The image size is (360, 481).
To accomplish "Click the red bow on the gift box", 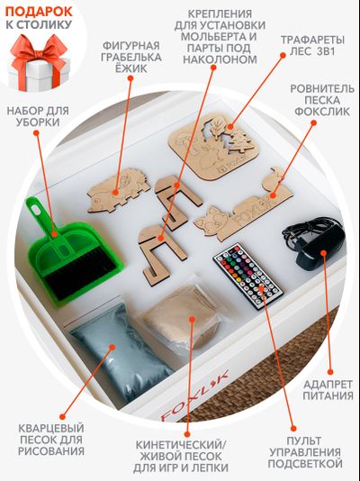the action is [39, 50].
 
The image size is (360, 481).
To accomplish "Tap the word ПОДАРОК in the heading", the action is [39, 12].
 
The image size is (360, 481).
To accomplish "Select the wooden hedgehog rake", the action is [118, 190].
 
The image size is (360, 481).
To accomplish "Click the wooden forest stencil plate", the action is [214, 146].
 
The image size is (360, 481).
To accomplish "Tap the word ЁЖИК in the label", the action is [131, 68].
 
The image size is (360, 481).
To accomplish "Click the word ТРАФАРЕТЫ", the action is [312, 40].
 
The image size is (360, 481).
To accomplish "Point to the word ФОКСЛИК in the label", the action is [322, 112].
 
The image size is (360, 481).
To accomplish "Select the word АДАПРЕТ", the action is [328, 384].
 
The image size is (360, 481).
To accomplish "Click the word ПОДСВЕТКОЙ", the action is [305, 464].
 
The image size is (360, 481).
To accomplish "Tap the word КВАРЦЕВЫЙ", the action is [51, 428].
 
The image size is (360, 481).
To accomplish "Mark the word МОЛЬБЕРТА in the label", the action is [219, 37].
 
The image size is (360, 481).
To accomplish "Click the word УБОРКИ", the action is [38, 123].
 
